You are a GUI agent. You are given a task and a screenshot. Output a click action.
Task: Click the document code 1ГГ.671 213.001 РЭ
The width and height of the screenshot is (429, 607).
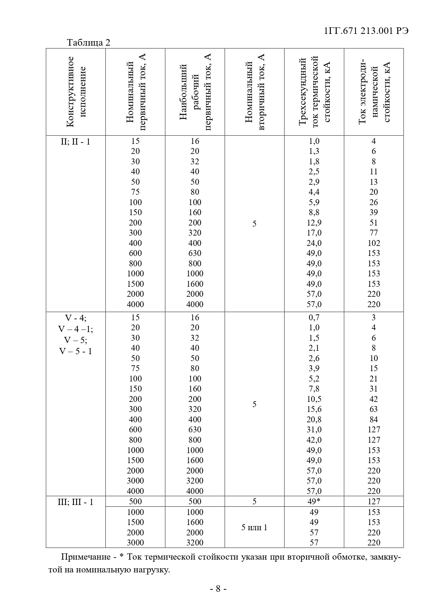pos(366,31)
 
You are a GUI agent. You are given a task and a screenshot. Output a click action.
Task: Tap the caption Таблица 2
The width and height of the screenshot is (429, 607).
pos(88,43)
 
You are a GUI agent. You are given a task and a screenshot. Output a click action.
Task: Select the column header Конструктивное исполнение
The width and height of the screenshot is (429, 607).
pos(76,92)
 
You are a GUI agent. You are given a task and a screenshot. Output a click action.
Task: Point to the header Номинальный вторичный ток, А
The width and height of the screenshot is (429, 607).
pos(254,92)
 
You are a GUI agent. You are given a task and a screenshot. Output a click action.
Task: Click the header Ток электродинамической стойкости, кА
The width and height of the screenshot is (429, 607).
pos(374,92)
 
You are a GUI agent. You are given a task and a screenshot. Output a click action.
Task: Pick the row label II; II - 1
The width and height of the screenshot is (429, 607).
pos(75,141)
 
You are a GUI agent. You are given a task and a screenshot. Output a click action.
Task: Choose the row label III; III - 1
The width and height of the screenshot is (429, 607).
pos(75,502)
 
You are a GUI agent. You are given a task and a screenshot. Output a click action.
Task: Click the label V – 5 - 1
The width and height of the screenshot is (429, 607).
pos(75,351)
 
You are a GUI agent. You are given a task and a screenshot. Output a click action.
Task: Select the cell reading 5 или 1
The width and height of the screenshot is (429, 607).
pos(254,527)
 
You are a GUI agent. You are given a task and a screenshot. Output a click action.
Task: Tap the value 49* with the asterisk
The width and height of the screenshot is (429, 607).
pos(314,502)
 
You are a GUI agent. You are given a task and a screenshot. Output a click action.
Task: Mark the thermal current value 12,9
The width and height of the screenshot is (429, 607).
pos(314,223)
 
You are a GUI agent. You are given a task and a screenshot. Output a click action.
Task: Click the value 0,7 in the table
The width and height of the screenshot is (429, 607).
pos(314,318)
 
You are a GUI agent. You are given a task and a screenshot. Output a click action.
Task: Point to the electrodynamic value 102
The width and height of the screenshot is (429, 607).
pos(374,243)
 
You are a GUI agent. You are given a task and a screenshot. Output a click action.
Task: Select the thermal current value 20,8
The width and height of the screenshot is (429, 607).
pos(314,420)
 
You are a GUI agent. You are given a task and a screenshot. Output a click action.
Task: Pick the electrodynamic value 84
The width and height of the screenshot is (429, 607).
pos(374,420)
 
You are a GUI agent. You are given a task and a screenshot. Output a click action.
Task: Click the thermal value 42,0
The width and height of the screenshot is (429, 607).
pos(314,440)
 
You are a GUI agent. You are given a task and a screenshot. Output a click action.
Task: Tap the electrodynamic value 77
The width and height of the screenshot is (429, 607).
pos(374,233)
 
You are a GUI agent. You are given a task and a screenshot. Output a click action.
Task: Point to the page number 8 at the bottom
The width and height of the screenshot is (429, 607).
pos(218,588)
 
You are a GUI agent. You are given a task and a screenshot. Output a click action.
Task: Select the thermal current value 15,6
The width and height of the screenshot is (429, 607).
pos(314,409)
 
